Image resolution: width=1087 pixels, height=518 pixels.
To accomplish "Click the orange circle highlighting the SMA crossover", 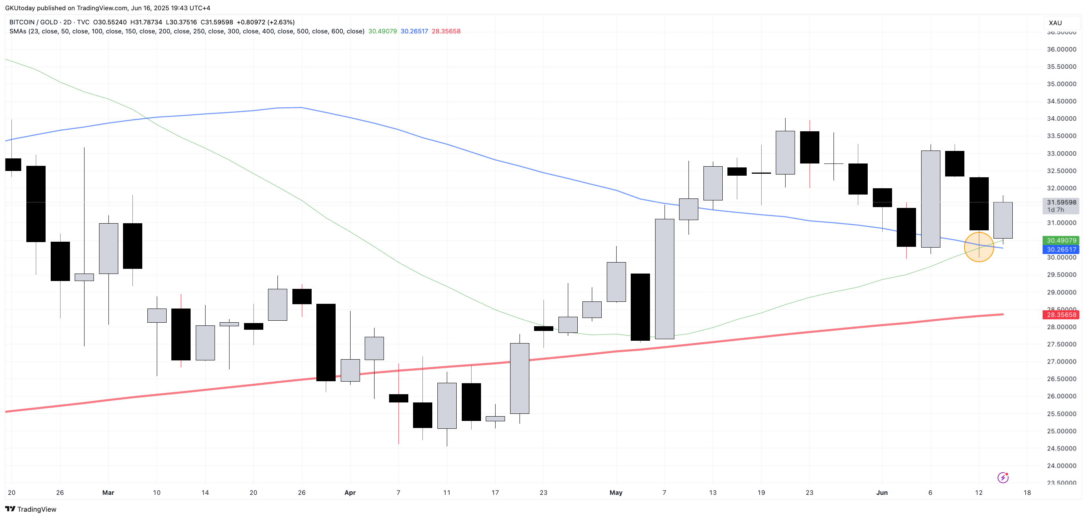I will click(x=979, y=247).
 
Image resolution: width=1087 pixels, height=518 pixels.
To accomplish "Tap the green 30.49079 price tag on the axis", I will click(x=1061, y=240).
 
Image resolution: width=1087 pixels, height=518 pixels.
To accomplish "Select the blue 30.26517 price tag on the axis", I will click(x=1061, y=250).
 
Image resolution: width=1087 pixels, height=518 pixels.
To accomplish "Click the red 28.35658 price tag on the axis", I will click(x=1061, y=314).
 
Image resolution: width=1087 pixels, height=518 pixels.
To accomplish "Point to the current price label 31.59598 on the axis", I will click(x=1061, y=202).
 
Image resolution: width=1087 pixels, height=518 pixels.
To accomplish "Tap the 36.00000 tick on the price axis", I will click(x=1061, y=50).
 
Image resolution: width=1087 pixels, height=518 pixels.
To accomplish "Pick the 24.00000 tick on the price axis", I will click(x=1061, y=466).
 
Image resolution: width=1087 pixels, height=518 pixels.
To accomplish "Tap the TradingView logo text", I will click(x=36, y=509).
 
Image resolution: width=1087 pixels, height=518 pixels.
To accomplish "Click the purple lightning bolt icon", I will click(x=1003, y=478).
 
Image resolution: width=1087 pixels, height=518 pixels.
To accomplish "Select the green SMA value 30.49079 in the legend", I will click(x=382, y=31).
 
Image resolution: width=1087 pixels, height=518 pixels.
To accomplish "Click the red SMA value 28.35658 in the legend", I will click(x=446, y=31).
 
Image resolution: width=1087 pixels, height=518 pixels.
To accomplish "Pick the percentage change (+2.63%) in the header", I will click(x=281, y=22).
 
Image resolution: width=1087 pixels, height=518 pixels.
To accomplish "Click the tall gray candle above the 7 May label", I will click(x=664, y=279).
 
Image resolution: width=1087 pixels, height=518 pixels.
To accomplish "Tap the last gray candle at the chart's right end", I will click(x=1003, y=220).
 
